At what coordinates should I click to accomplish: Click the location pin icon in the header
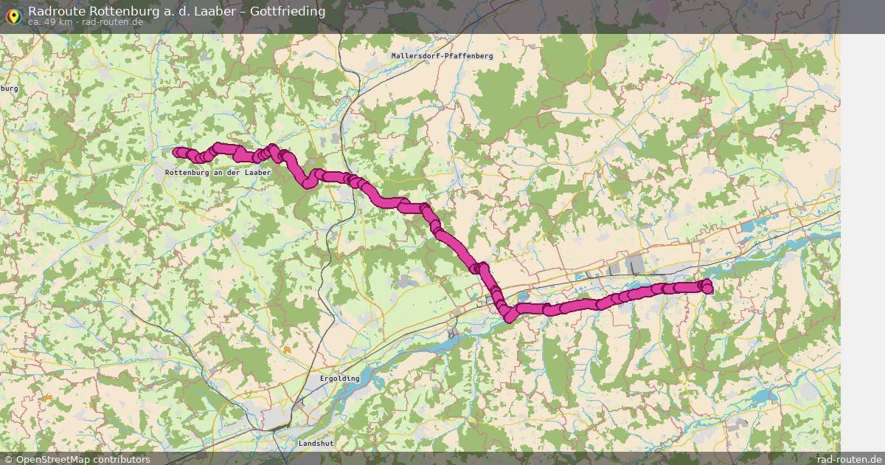click(13, 14)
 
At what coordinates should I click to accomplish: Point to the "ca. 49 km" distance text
click(49, 22)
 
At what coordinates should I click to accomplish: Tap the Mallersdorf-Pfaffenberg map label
click(442, 55)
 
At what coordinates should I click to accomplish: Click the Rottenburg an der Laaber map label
click(218, 172)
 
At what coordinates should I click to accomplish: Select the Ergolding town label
click(339, 379)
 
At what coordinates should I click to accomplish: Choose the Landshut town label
click(316, 443)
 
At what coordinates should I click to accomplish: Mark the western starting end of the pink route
click(177, 152)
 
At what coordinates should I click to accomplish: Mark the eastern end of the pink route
click(708, 289)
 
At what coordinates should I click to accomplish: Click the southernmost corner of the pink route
click(509, 318)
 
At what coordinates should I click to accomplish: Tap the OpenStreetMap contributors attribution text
click(83, 459)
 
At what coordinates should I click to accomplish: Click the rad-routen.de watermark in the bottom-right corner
click(850, 459)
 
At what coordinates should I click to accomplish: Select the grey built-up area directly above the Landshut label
click(279, 421)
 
